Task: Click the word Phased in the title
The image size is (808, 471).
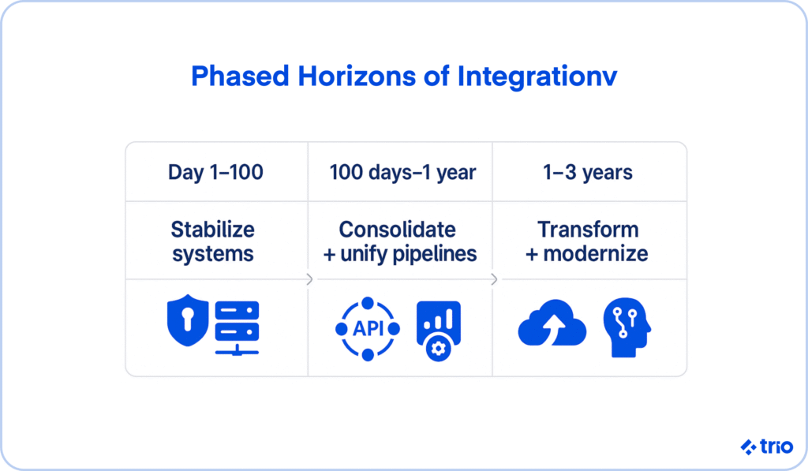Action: (240, 77)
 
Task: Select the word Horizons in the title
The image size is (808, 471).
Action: (357, 77)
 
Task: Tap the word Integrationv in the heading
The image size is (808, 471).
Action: (537, 77)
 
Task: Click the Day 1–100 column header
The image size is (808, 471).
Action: (215, 172)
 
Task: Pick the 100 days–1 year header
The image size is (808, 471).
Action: (402, 172)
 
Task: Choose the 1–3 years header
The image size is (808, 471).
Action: (587, 172)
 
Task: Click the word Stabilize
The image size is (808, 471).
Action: (213, 230)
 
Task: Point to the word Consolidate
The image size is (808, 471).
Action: (398, 230)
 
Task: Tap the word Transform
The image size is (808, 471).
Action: (588, 230)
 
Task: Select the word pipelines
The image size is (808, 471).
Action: (435, 253)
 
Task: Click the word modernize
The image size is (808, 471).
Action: (596, 253)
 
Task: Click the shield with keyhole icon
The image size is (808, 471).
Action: (188, 320)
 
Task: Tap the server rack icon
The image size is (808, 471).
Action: (237, 328)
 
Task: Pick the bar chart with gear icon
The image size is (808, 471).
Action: (439, 331)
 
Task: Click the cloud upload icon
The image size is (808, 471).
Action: (552, 323)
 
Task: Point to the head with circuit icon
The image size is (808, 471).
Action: (627, 327)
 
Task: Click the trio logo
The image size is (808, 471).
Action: (767, 447)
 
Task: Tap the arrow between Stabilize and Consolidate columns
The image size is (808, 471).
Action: (309, 279)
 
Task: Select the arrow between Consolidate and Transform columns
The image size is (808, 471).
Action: (494, 279)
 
